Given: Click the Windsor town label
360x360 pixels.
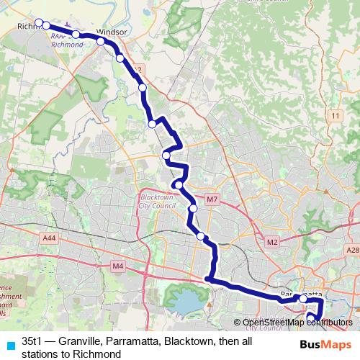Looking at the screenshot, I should click(x=111, y=32).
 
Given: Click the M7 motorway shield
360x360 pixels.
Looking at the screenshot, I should click(x=212, y=199).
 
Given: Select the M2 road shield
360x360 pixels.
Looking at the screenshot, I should click(x=271, y=242).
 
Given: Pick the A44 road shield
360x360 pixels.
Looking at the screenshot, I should click(x=50, y=237).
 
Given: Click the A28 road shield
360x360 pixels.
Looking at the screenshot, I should click(x=352, y=250).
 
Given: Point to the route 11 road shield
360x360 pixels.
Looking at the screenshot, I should click(x=336, y=115).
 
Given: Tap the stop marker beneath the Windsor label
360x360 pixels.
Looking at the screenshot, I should click(x=102, y=42).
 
